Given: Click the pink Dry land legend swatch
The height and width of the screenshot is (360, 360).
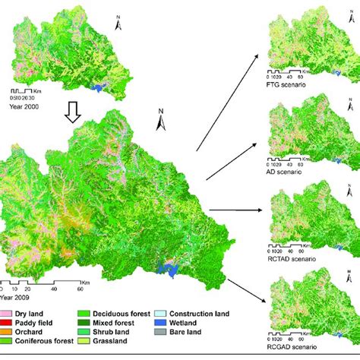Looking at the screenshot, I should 6,313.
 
